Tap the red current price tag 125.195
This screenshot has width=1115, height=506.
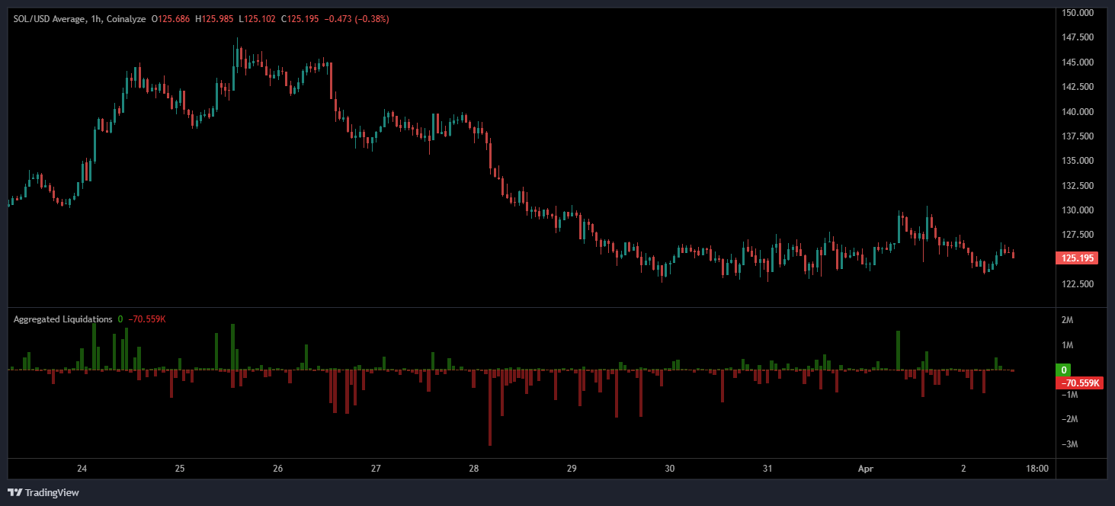[1077, 258]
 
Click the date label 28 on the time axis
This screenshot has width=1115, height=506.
[474, 469]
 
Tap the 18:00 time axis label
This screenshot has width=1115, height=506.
[1037, 469]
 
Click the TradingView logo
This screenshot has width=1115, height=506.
[43, 492]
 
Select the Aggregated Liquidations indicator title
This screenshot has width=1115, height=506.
[62, 319]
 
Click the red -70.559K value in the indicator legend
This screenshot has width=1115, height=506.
[147, 319]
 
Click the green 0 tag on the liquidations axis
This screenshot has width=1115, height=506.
[1062, 370]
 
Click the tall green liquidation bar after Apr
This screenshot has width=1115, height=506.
[899, 350]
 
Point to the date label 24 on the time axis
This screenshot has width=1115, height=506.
[82, 469]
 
